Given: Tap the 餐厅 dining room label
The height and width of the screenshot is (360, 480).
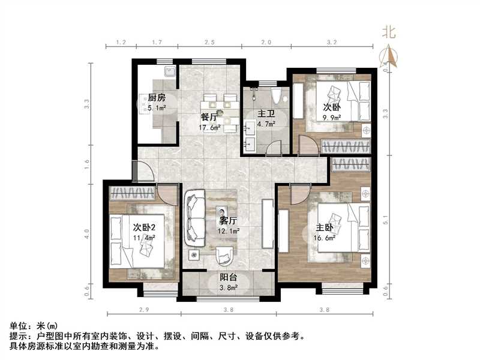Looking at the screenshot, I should click(x=209, y=117).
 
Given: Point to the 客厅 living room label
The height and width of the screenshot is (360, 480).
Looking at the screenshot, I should click(x=229, y=220).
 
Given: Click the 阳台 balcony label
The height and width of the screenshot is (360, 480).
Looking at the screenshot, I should click(x=229, y=278).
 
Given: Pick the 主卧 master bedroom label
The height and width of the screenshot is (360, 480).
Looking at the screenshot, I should click(x=325, y=228).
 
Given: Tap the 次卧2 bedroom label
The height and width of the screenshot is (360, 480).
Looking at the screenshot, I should click(x=145, y=227).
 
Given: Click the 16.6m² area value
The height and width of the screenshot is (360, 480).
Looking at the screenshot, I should click(x=325, y=238).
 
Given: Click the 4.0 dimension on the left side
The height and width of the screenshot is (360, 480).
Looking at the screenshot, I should click(x=88, y=232).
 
